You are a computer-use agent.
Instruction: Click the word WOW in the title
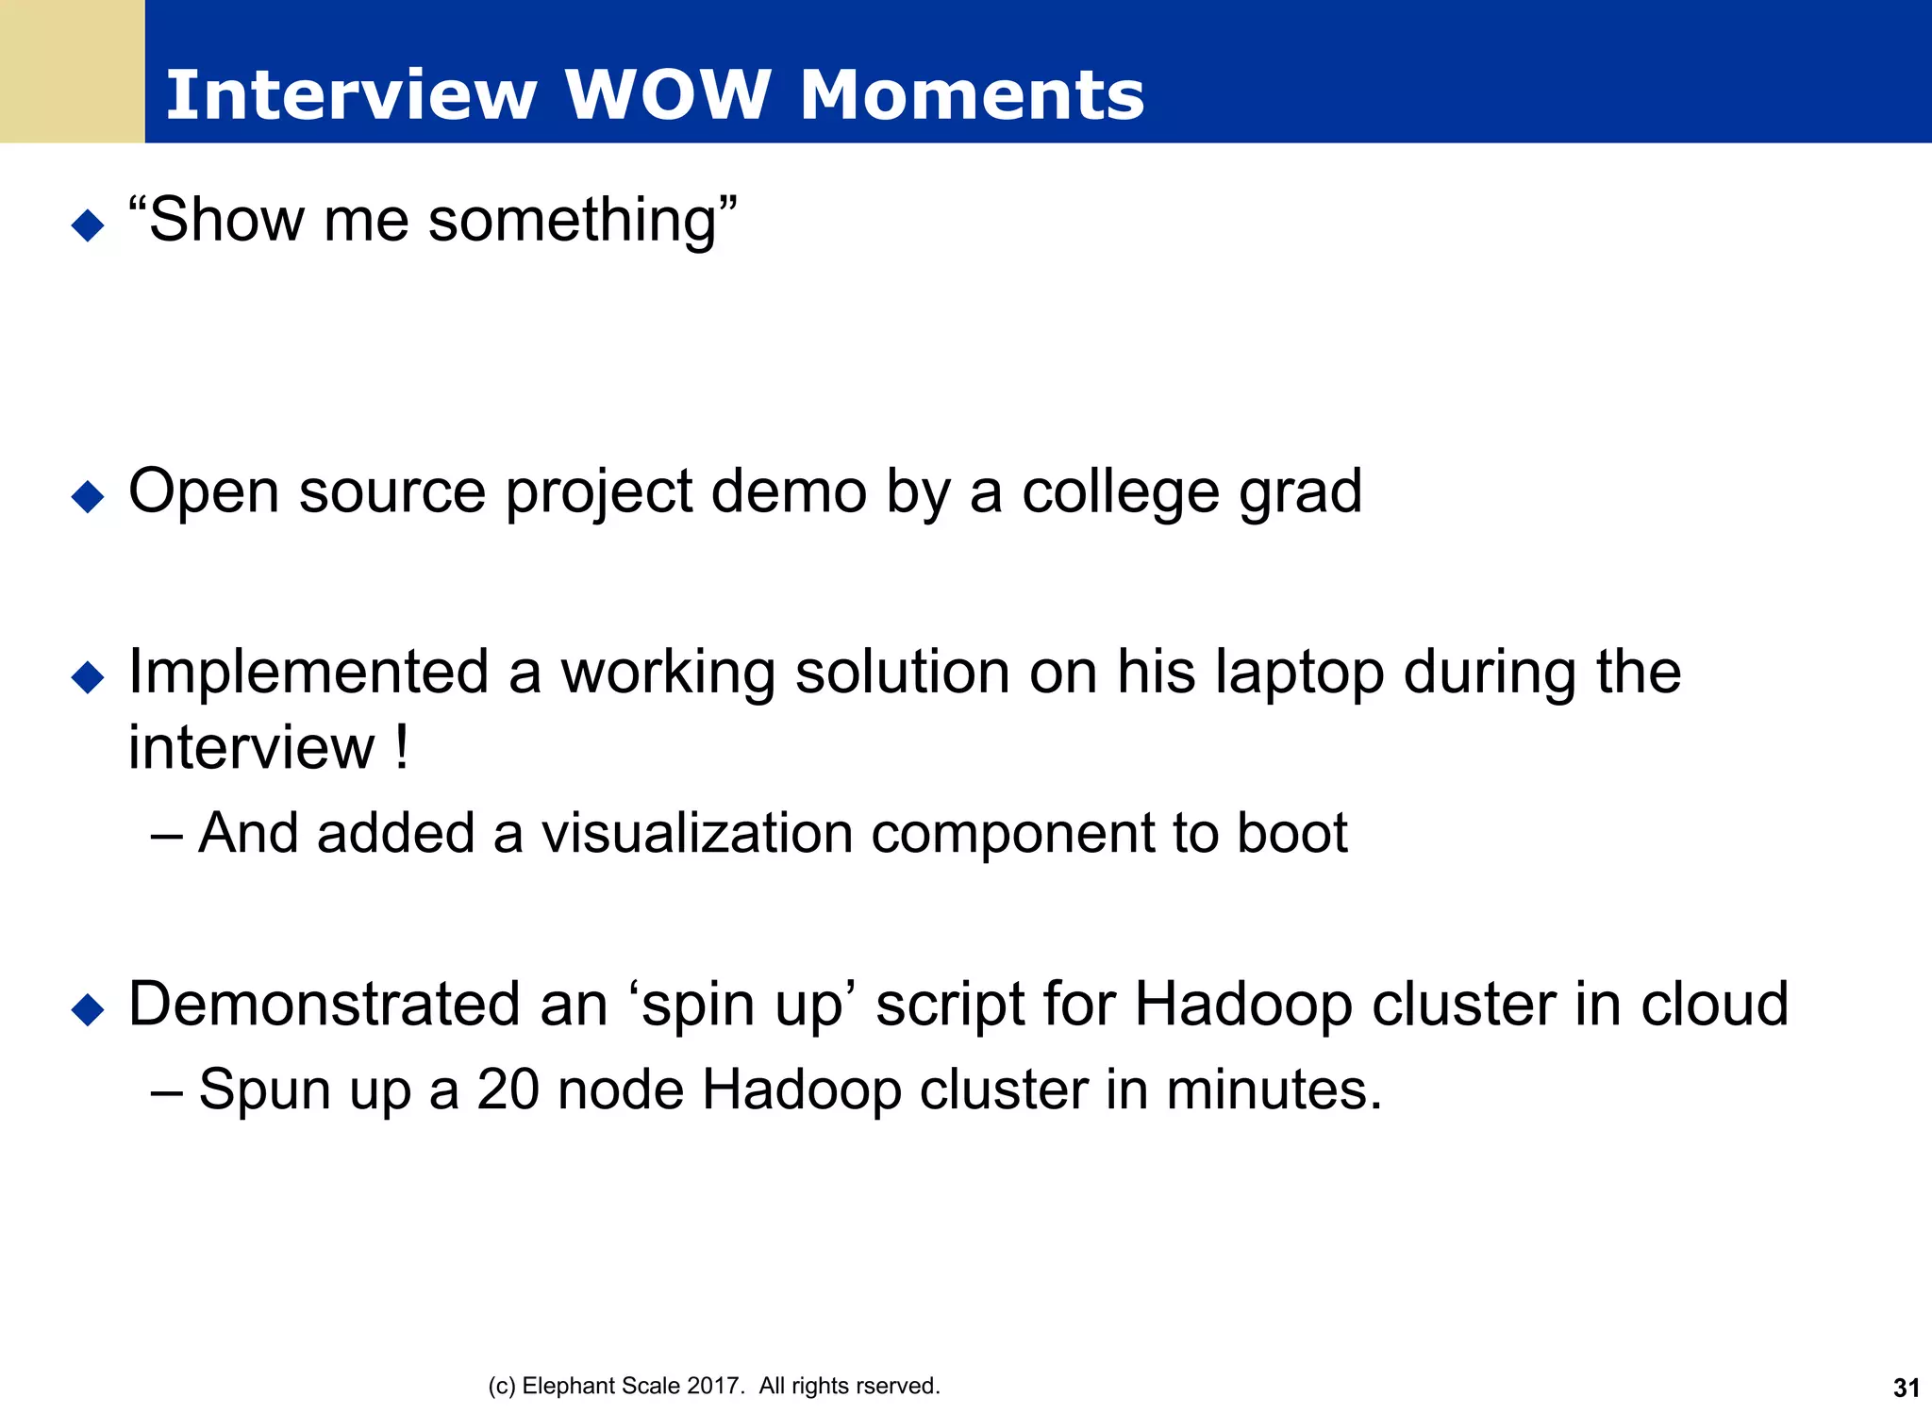pos(667,95)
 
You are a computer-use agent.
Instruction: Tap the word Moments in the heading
pos(972,95)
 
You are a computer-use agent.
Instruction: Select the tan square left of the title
pos(72,72)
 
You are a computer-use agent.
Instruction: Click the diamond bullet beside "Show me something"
pos(88,225)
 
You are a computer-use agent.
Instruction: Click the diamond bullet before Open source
pos(88,496)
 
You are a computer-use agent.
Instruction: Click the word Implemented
pos(308,674)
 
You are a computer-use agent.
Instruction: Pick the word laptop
pos(1300,674)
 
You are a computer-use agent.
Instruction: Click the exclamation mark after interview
pos(403,747)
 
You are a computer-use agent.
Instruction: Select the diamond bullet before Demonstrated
pos(88,1009)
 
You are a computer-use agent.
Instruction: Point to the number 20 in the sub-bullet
pos(508,1090)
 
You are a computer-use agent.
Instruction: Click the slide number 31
pos(1906,1389)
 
